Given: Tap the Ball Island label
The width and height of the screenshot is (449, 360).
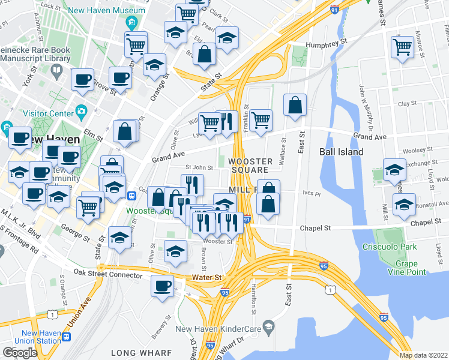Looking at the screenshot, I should pyautogui.click(x=341, y=152).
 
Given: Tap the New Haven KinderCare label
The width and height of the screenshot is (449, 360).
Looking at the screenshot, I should pyautogui.click(x=219, y=329).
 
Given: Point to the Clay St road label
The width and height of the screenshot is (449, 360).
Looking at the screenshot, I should pyautogui.click(x=407, y=104).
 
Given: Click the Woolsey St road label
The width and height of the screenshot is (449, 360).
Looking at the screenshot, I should pyautogui.click(x=418, y=149).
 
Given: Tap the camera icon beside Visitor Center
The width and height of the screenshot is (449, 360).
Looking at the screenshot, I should pyautogui.click(x=81, y=112).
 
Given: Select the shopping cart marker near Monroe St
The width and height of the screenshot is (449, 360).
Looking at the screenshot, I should pyautogui.click(x=402, y=46).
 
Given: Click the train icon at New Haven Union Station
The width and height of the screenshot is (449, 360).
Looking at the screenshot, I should pyautogui.click(x=66, y=337).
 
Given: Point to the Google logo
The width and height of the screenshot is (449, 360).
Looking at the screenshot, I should pyautogui.click(x=20, y=353).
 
